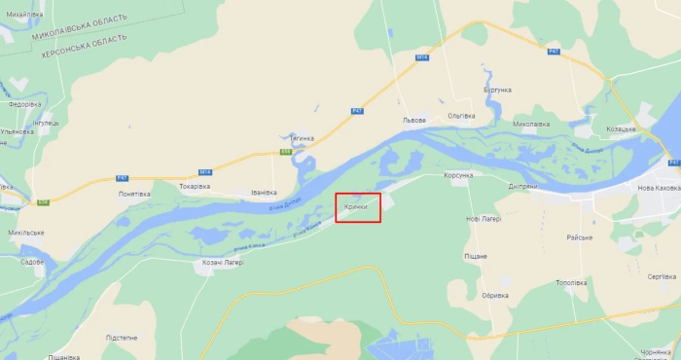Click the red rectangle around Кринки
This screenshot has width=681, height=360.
coord(358,208)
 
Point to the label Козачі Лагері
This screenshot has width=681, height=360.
coord(222,264)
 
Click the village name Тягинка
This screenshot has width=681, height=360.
coord(302,138)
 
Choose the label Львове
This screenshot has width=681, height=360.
coord(414,121)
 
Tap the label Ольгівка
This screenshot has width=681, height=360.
coord(460,116)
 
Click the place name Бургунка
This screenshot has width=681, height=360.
coord(496,90)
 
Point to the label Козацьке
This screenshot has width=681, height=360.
coord(621,129)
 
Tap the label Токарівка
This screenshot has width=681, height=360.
coord(195,186)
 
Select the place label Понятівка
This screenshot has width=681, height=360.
coord(134,194)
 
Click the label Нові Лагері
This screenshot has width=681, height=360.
coord(484,219)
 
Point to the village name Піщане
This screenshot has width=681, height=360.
coord(476,256)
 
